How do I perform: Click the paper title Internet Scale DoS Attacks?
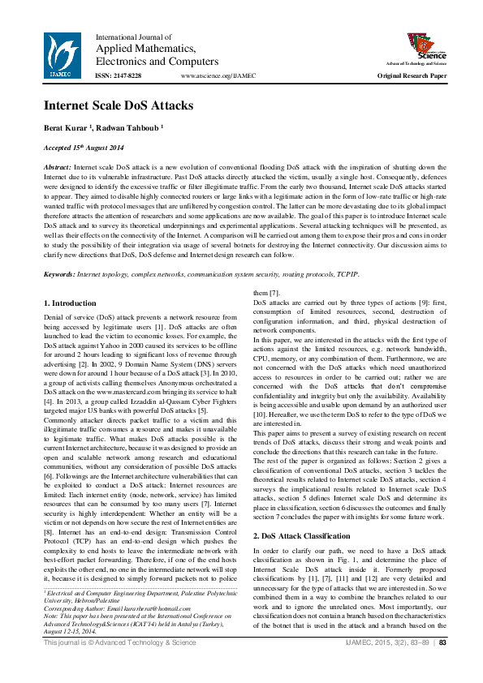(x=118, y=105)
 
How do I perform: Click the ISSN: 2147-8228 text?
(x=119, y=75)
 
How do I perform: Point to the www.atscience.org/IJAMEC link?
(x=218, y=75)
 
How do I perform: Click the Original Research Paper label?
(x=412, y=75)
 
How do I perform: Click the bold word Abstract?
(x=57, y=165)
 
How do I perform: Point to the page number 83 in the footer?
(x=442, y=666)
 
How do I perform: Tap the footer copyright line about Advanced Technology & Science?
(x=120, y=666)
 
